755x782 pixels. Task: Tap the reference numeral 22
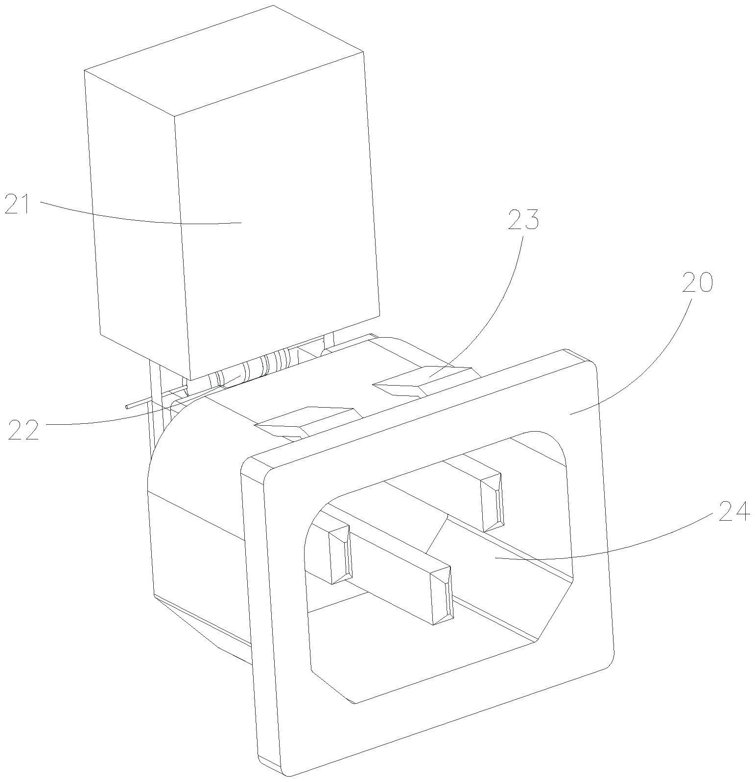(x=23, y=430)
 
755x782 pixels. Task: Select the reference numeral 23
(x=523, y=220)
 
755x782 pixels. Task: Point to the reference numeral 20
(x=697, y=283)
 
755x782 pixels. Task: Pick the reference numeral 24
(x=734, y=511)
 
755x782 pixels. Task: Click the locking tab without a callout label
(x=304, y=420)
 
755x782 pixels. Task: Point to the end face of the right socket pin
(x=492, y=502)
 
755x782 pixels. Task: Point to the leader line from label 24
(x=612, y=551)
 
